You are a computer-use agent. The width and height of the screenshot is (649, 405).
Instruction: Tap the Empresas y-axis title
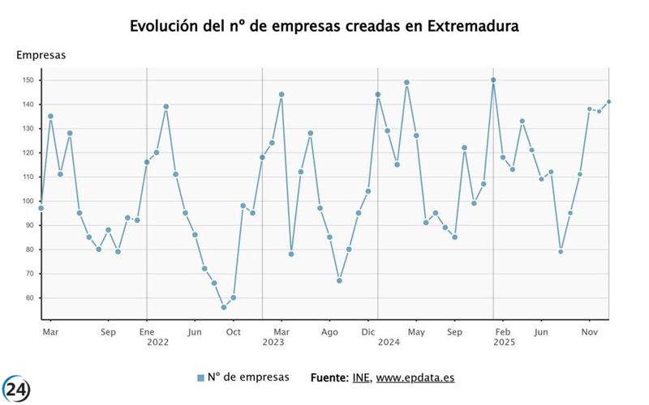coord(41,55)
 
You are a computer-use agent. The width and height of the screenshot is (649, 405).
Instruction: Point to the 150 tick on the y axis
coord(28,80)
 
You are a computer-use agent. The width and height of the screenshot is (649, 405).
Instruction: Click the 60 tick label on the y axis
coord(29,298)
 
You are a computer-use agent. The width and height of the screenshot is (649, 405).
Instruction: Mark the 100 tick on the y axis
coord(28,201)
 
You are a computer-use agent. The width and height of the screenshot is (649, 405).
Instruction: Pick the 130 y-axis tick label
coord(28,129)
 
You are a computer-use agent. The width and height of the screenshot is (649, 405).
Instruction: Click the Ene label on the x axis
coord(146,331)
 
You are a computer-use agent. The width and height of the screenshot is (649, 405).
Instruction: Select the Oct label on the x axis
coord(233,331)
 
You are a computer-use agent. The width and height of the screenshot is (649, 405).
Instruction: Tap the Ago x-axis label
coord(329,331)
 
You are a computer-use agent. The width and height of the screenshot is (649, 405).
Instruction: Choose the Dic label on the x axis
coord(368,331)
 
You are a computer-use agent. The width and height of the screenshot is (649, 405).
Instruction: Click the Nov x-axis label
coord(590,331)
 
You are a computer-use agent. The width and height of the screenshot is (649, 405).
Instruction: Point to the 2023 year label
coord(273,343)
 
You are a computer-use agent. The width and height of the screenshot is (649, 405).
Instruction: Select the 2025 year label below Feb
coord(504,343)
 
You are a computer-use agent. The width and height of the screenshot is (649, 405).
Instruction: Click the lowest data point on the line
coord(224,307)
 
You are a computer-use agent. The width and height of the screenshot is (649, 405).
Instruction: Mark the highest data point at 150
coord(493,80)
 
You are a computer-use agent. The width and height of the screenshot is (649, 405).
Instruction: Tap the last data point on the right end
coord(608,102)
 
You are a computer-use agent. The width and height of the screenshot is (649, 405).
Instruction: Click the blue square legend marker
coord(200,377)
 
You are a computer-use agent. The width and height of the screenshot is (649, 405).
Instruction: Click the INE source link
coord(361,377)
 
